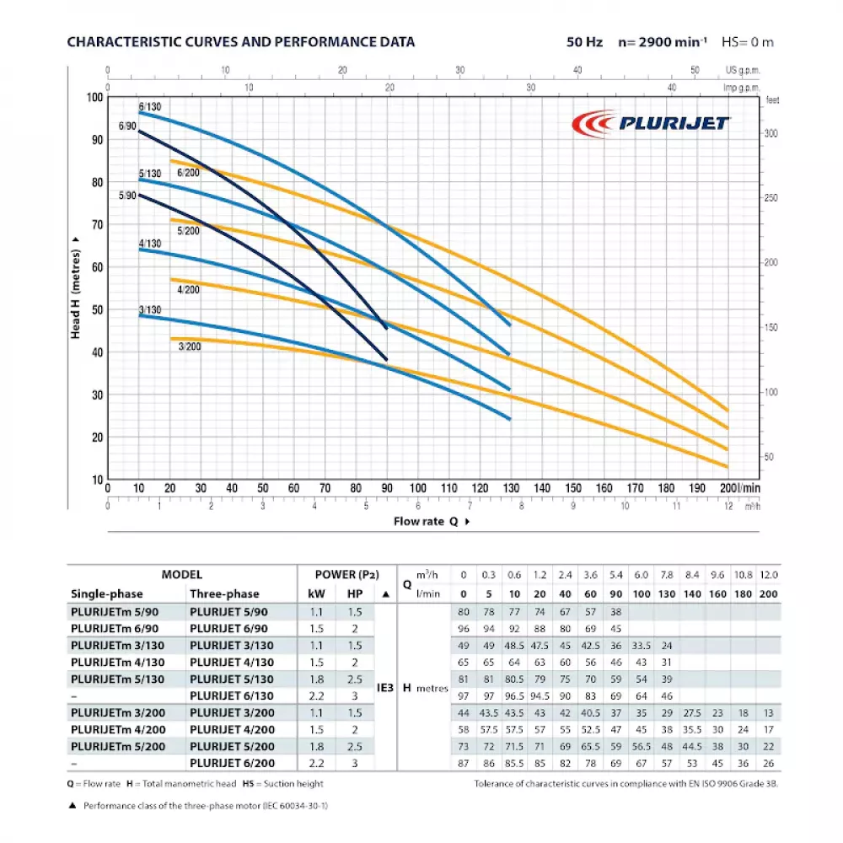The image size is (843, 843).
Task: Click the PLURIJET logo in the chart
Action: (x=650, y=124)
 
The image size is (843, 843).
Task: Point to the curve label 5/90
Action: (x=126, y=196)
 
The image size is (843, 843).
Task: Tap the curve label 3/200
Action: (x=190, y=346)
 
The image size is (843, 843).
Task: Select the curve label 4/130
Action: (x=149, y=244)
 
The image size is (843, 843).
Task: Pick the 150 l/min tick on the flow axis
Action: (x=573, y=488)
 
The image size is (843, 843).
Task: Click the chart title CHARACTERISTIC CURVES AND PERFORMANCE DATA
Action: (x=240, y=41)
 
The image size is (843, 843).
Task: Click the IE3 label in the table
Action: (x=385, y=688)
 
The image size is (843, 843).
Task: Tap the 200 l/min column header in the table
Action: (x=768, y=593)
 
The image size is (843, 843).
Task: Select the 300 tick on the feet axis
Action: (x=772, y=134)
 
